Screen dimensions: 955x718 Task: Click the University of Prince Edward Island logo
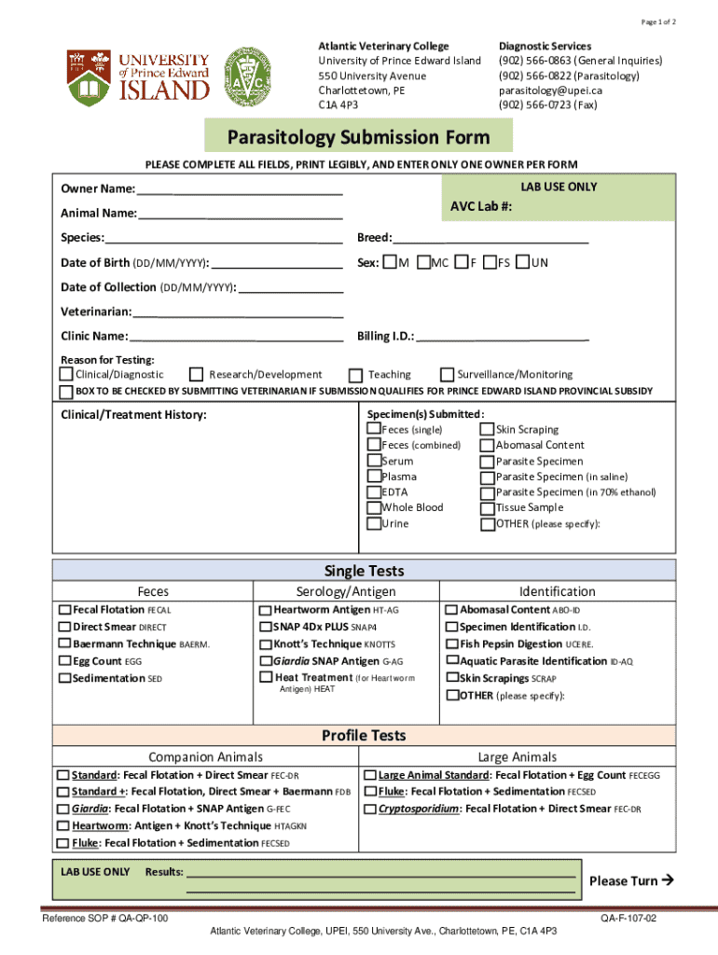click(x=137, y=76)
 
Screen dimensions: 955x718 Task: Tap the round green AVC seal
click(x=255, y=74)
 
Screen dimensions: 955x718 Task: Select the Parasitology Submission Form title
click(x=359, y=138)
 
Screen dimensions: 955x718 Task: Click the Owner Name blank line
click(x=241, y=189)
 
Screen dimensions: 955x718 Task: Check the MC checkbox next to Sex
click(x=424, y=263)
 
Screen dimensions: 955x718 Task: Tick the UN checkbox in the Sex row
click(x=522, y=263)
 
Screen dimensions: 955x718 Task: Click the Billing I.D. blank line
click(x=503, y=336)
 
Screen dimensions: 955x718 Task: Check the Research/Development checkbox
click(x=196, y=374)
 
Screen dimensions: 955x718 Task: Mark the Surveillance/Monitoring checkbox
click(x=448, y=374)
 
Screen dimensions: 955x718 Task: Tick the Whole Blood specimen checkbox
click(x=374, y=508)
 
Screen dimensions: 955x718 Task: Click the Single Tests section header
click(x=364, y=571)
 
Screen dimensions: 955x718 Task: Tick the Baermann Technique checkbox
click(x=65, y=644)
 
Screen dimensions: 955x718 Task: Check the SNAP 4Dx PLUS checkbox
click(x=266, y=627)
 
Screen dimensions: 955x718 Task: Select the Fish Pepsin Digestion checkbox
click(x=451, y=644)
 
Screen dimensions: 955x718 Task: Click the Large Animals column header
click(x=517, y=756)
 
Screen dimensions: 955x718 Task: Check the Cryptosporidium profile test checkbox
click(x=370, y=809)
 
